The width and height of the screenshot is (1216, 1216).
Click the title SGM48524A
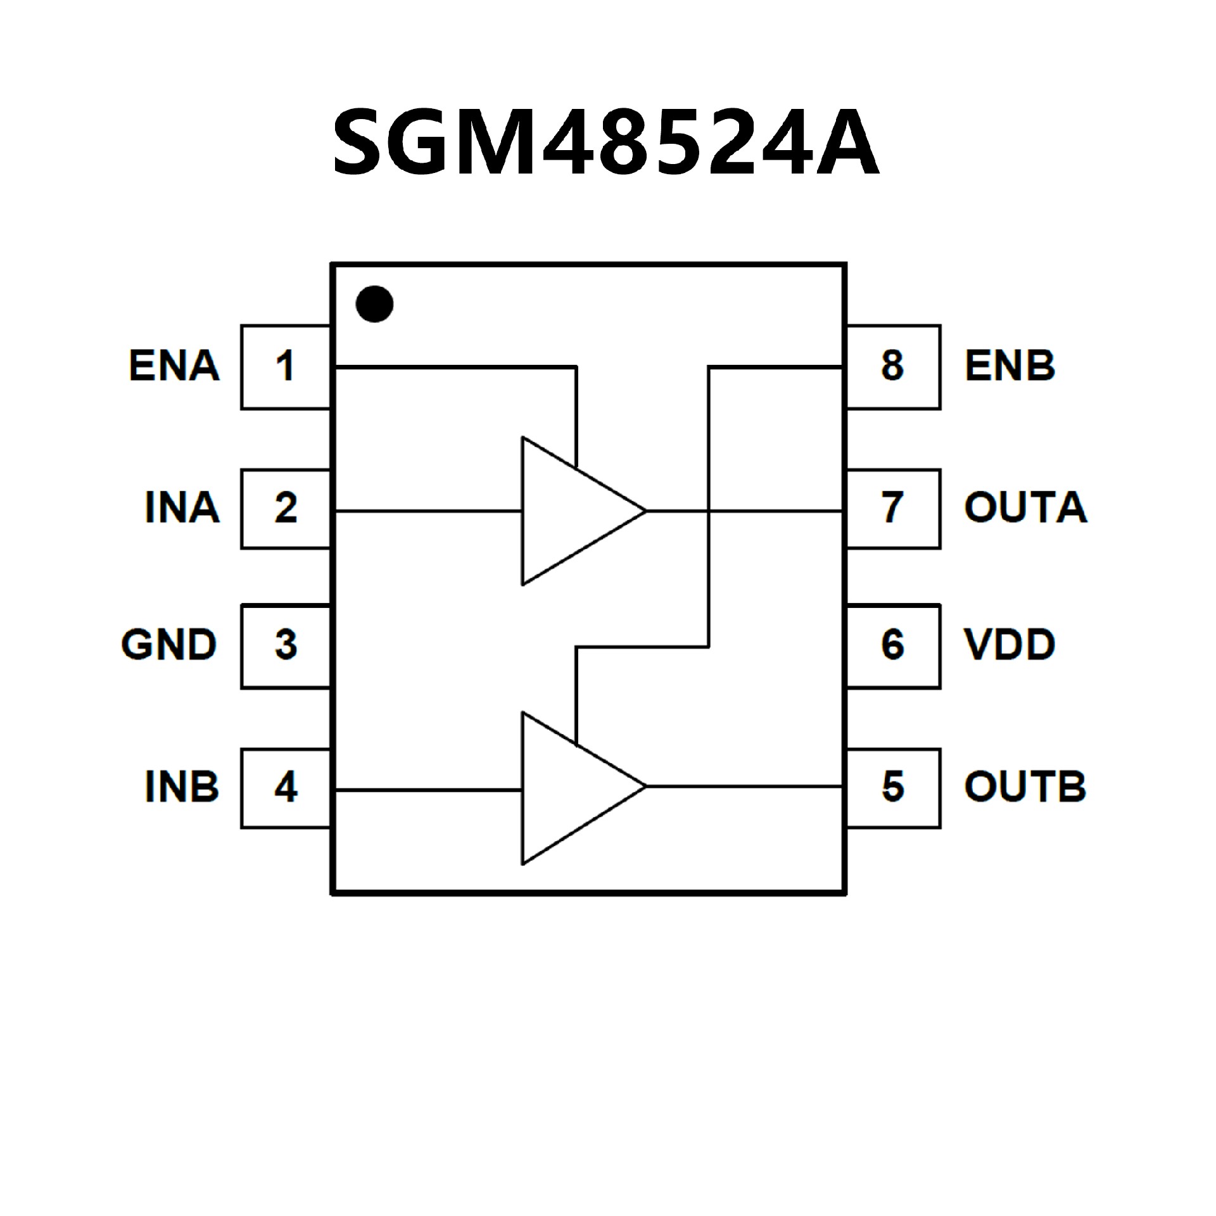606,142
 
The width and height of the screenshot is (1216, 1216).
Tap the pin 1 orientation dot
374,304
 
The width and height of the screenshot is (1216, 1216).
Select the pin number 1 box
286,367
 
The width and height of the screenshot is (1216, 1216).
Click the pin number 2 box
286,509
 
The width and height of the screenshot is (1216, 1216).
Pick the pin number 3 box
286,646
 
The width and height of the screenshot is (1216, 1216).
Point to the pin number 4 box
286,788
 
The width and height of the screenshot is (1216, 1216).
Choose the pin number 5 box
893,788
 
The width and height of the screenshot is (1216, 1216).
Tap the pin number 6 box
893,646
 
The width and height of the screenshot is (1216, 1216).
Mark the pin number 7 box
893,509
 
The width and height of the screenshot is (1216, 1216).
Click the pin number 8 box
893,367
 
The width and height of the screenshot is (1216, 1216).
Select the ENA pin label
174,366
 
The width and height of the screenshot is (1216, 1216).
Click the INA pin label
182,508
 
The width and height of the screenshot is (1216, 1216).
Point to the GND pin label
169,645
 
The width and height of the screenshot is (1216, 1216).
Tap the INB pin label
182,787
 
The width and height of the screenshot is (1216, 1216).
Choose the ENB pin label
1010,366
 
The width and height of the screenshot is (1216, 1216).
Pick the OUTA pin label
1025,508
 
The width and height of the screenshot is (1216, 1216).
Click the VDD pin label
1010,645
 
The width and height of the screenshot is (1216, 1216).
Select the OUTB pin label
1025,787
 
